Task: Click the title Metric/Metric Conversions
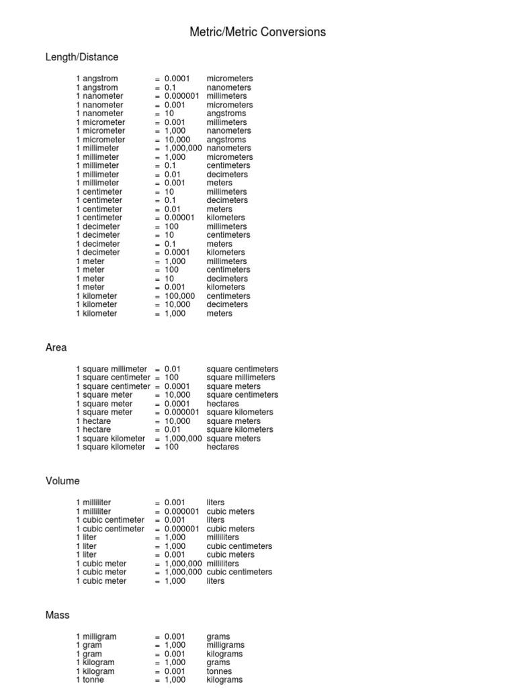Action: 258,32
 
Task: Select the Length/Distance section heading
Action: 82,57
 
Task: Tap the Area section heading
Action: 56,347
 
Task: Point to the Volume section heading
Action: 62,481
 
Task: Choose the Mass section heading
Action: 57,615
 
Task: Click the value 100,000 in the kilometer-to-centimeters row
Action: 179,296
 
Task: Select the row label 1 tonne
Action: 93,680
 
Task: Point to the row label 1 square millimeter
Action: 112,369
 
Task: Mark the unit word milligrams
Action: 225,645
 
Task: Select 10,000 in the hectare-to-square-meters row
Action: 177,421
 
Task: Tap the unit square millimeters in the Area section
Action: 242,378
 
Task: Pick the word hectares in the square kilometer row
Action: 222,447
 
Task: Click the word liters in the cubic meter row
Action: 216,581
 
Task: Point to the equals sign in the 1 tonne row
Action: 157,680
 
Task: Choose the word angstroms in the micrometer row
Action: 226,140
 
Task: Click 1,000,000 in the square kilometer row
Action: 183,439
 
